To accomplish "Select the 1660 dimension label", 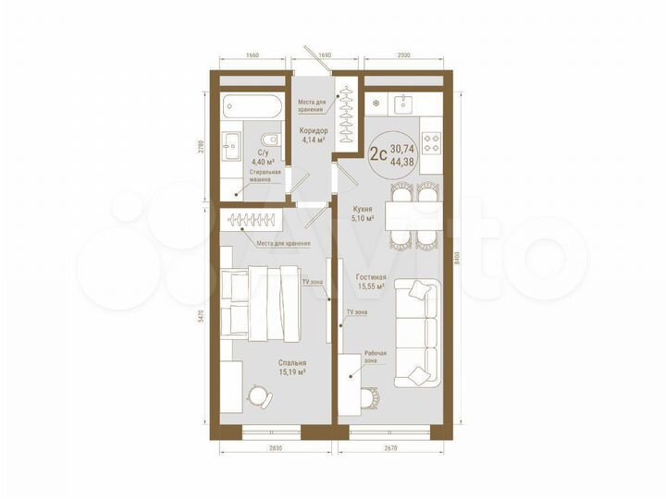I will point(253,55).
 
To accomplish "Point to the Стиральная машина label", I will point(265,176).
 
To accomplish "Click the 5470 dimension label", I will point(202,319).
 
